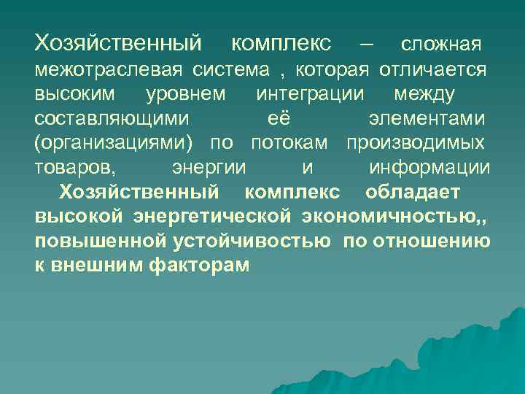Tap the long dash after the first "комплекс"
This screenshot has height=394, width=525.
pyautogui.click(x=366, y=45)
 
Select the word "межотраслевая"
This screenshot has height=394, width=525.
pyautogui.click(x=109, y=70)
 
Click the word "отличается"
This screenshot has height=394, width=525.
pyautogui.click(x=432, y=70)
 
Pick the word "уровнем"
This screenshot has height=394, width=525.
pyautogui.click(x=186, y=94)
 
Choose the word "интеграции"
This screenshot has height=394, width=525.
pyautogui.click(x=312, y=94)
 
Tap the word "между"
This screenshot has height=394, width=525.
pyautogui.click(x=424, y=94)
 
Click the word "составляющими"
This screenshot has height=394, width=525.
pyautogui.click(x=112, y=119)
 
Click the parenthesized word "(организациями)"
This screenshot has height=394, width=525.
pyautogui.click(x=117, y=143)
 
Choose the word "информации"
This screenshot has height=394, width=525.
pyautogui.click(x=429, y=168)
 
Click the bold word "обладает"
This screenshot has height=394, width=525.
pyautogui.click(x=413, y=193)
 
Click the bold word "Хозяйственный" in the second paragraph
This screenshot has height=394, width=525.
pyautogui.click(x=139, y=193)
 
